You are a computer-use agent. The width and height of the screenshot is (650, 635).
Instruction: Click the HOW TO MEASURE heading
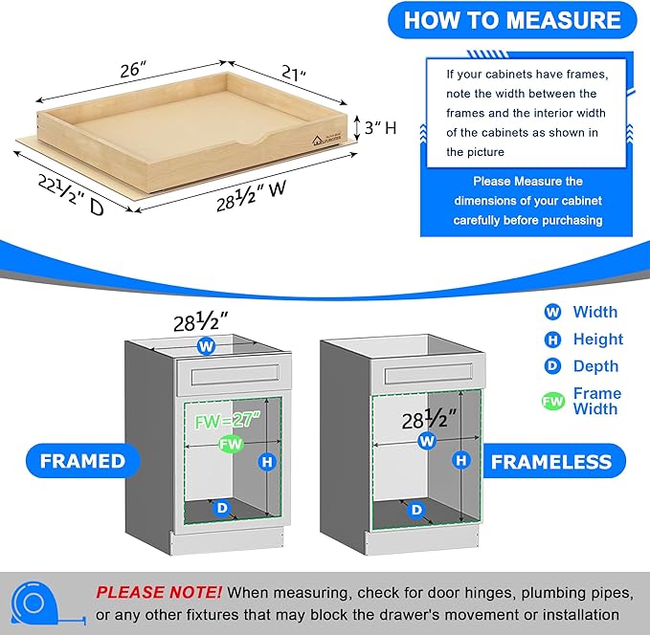[512, 20]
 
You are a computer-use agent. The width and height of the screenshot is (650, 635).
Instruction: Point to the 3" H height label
[375, 127]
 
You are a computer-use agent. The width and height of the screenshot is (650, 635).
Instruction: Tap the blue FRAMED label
[82, 461]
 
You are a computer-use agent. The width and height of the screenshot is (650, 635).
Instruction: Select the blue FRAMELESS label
[550, 462]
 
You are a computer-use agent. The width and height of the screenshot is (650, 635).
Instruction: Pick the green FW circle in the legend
[552, 402]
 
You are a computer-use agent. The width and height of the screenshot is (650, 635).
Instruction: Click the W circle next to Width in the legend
[552, 312]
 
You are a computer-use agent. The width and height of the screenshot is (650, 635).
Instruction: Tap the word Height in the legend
[597, 339]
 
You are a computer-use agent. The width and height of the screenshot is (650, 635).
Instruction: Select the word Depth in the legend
[595, 366]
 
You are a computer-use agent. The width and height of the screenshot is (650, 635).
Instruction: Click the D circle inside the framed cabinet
[222, 509]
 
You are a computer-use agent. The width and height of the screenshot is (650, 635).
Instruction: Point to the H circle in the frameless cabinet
[462, 461]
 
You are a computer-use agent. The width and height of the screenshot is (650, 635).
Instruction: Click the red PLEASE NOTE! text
[159, 593]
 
